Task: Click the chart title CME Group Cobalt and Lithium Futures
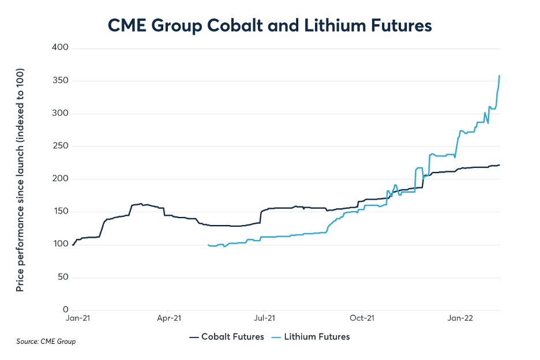pyautogui.click(x=269, y=25)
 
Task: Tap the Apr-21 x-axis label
pyautogui.click(x=169, y=318)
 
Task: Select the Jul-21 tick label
pyautogui.click(x=264, y=318)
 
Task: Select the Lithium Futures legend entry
pyautogui.click(x=317, y=336)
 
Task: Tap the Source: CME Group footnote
pyautogui.click(x=46, y=342)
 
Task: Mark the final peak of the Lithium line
pyautogui.click(x=499, y=76)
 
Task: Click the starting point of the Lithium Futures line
pyautogui.click(x=208, y=245)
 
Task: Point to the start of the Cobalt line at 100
pyautogui.click(x=73, y=245)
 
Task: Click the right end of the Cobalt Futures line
pyautogui.click(x=500, y=165)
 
